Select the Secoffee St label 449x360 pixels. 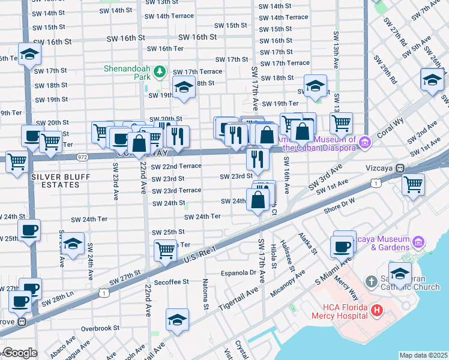coord(172,281)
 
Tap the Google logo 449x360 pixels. coord(20,353)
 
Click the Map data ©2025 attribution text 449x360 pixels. coord(423,355)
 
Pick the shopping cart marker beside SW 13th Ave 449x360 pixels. coord(341,123)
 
